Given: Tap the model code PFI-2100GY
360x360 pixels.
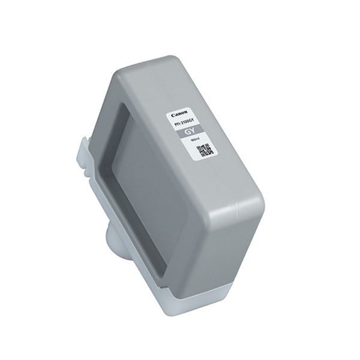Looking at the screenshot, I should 185,122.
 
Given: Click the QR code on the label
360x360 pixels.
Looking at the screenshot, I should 205,150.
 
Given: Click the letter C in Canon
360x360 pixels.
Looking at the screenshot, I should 173,115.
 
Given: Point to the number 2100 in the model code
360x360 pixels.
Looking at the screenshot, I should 185,122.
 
